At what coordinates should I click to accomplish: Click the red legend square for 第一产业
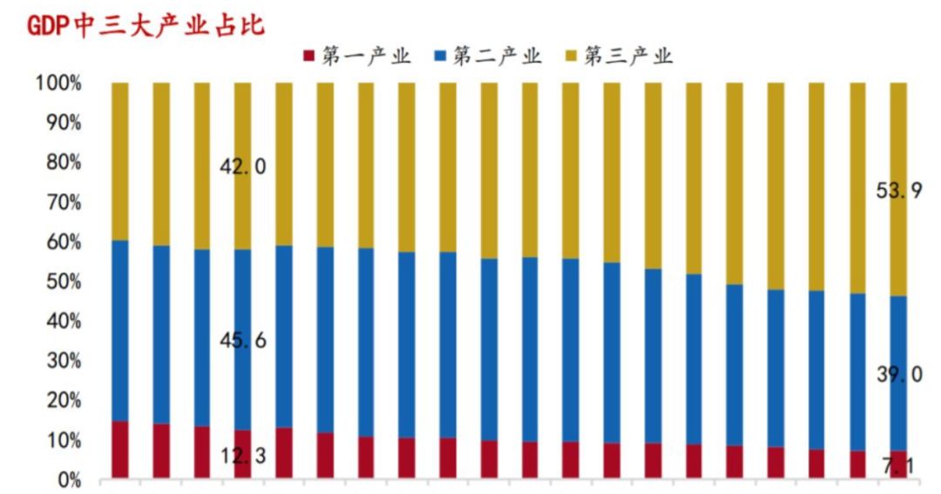click(308, 57)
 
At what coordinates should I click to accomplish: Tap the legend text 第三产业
click(628, 57)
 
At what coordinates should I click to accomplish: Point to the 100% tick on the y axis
click(58, 84)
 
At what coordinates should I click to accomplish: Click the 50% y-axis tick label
click(63, 282)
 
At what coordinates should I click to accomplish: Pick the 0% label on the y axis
click(67, 480)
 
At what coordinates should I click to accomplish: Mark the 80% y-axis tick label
click(63, 163)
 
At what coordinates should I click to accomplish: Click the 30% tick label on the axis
click(63, 362)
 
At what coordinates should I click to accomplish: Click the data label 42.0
click(243, 167)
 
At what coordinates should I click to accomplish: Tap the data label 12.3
click(243, 456)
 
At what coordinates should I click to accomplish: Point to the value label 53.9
click(899, 193)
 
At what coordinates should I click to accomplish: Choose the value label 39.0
click(899, 375)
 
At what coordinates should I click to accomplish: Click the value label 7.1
click(899, 468)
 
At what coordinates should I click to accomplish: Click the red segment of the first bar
click(119, 450)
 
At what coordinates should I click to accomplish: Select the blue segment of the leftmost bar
click(119, 331)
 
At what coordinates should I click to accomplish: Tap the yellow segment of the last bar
click(898, 131)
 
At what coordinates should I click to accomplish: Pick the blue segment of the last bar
click(898, 331)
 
